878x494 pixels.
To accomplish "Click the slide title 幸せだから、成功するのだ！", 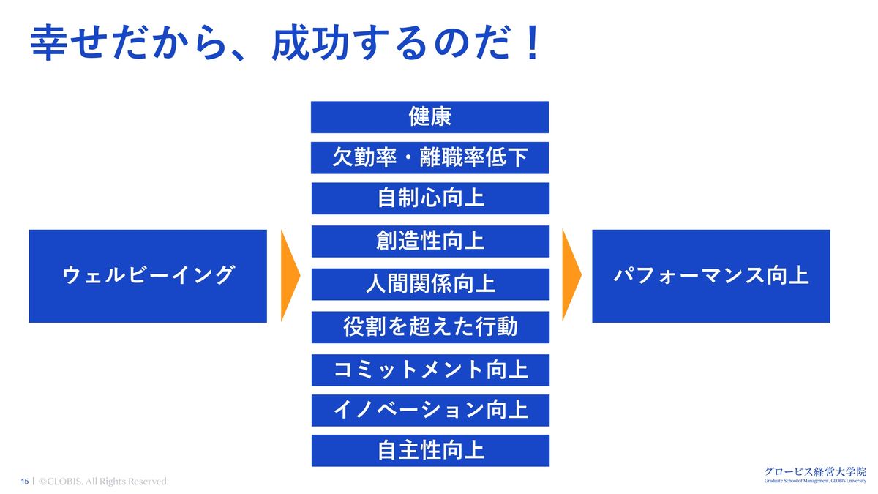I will pyautogui.click(x=285, y=44).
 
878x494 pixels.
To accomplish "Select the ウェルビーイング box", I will pyautogui.click(x=148, y=276).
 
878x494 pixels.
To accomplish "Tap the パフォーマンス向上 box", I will pyautogui.click(x=710, y=276).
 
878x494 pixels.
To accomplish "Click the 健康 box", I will pyautogui.click(x=429, y=117).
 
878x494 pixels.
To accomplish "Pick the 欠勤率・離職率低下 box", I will pyautogui.click(x=429, y=157).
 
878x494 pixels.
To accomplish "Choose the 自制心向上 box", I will pyautogui.click(x=429, y=198).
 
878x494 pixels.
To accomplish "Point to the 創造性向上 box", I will pyautogui.click(x=429, y=242).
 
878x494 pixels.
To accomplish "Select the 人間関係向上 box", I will pyautogui.click(x=429, y=284).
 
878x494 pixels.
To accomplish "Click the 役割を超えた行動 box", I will pyautogui.click(x=429, y=326).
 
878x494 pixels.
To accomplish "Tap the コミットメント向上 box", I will pyautogui.click(x=429, y=370).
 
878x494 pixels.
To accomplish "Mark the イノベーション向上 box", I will pyautogui.click(x=429, y=410).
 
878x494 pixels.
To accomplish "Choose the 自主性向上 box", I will pyautogui.click(x=429, y=450).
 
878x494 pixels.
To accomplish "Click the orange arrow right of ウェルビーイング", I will pyautogui.click(x=289, y=276).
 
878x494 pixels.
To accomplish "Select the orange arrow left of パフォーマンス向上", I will pyautogui.click(x=571, y=276).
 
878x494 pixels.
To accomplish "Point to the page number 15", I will pyautogui.click(x=25, y=482).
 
